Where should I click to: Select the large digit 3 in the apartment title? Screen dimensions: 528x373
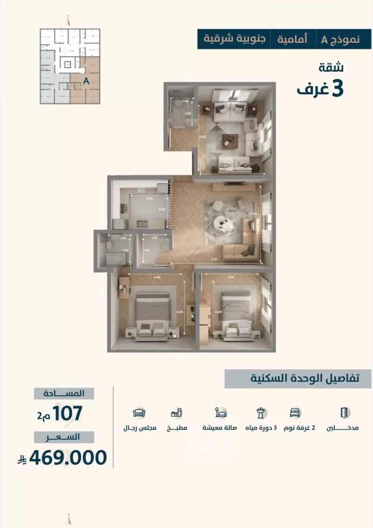336,89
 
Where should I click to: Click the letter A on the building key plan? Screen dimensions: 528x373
86,80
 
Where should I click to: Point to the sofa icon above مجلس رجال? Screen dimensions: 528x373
139,413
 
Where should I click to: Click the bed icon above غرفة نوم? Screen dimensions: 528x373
295,413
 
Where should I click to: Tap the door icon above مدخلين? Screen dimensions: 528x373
344,413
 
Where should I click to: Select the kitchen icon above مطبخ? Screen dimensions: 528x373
177,413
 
